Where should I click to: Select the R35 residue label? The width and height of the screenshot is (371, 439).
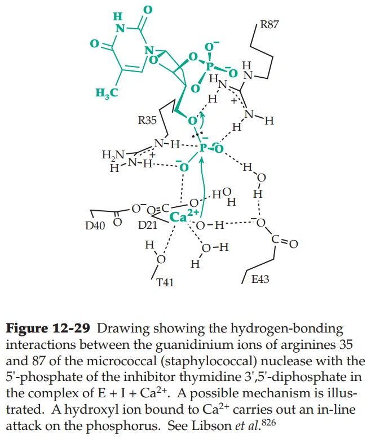coord(148,120)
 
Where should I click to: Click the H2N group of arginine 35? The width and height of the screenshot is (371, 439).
coord(111,154)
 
